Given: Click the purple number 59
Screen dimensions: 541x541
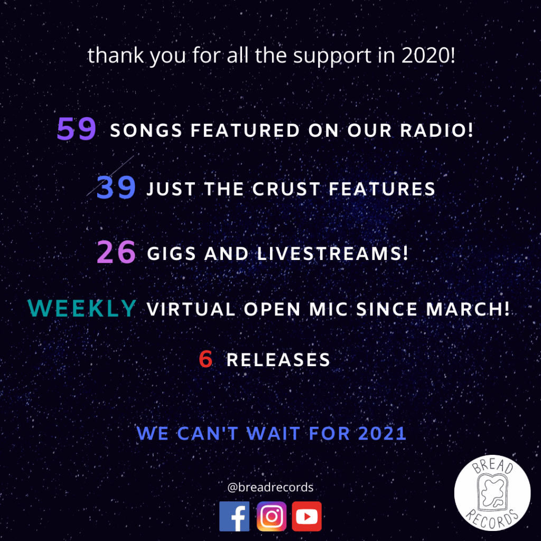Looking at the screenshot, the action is (x=76, y=129).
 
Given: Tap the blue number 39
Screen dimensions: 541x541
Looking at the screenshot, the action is (x=116, y=188).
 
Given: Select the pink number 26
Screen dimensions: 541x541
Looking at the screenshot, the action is (x=116, y=252).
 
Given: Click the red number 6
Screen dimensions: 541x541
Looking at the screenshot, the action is (x=206, y=359).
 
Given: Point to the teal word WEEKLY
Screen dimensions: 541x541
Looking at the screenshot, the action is (x=82, y=308).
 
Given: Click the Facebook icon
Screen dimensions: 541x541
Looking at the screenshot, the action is (x=234, y=516).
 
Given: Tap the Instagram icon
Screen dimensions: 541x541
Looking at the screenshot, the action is (x=272, y=516).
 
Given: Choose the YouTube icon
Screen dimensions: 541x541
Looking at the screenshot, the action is (x=307, y=516).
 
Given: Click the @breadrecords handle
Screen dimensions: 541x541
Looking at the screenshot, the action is (x=270, y=487).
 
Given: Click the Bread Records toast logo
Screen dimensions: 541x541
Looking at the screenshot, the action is (x=492, y=493).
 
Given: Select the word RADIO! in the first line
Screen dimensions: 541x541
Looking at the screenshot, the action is (x=437, y=130).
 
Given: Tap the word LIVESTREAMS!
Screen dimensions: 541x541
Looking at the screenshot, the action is (x=333, y=254).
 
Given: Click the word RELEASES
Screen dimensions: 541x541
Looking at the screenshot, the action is (x=278, y=360).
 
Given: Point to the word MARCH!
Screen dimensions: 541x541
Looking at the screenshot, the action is (x=468, y=309).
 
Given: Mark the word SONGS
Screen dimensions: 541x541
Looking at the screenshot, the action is (x=146, y=130).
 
